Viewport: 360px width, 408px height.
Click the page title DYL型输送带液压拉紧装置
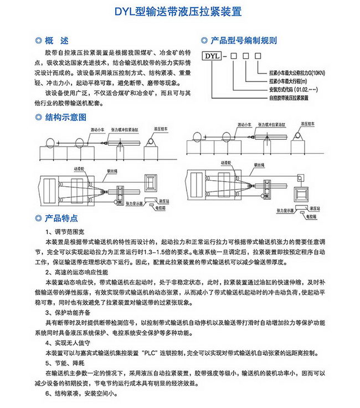pos(180,12)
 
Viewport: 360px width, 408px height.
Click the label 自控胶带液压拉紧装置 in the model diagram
pos(289,97)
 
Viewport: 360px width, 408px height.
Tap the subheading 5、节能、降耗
pos(63,363)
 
